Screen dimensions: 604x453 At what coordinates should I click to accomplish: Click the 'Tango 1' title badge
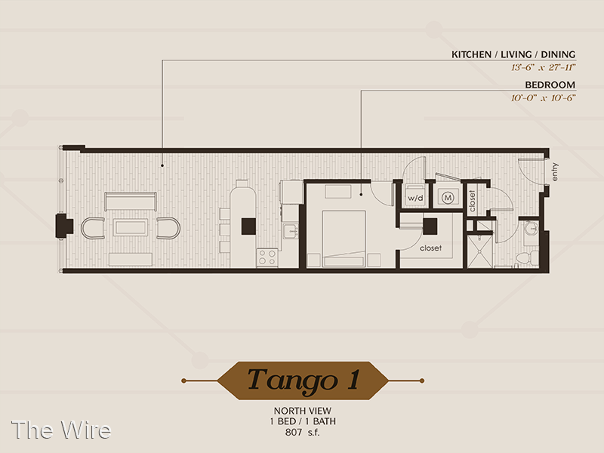303,381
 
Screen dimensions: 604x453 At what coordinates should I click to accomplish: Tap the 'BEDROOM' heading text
550,85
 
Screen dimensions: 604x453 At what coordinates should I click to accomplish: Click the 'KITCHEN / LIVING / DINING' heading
513,54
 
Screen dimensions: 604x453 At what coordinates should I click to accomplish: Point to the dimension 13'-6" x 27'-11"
543,67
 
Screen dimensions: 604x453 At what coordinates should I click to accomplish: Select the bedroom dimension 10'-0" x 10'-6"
543,98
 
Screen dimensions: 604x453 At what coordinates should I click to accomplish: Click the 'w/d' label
415,199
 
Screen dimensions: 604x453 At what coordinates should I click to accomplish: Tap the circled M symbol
448,198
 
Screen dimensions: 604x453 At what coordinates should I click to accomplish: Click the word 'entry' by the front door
554,172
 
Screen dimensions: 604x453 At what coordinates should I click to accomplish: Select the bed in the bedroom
344,239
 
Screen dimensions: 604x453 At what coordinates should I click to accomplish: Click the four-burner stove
267,257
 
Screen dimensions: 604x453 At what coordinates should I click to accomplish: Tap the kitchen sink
291,231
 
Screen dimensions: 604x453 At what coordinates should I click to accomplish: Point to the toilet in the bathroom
527,257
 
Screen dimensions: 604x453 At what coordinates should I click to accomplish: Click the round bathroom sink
532,230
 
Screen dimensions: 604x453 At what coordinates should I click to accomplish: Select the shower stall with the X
479,251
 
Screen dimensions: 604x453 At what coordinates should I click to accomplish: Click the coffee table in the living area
130,228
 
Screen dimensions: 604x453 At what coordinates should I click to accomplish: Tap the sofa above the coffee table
131,201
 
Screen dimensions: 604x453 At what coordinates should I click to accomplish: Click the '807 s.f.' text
303,432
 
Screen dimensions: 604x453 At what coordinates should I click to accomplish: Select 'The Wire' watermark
61,430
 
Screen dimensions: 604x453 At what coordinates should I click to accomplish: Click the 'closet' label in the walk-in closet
430,248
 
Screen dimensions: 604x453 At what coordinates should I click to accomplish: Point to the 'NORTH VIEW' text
303,411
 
